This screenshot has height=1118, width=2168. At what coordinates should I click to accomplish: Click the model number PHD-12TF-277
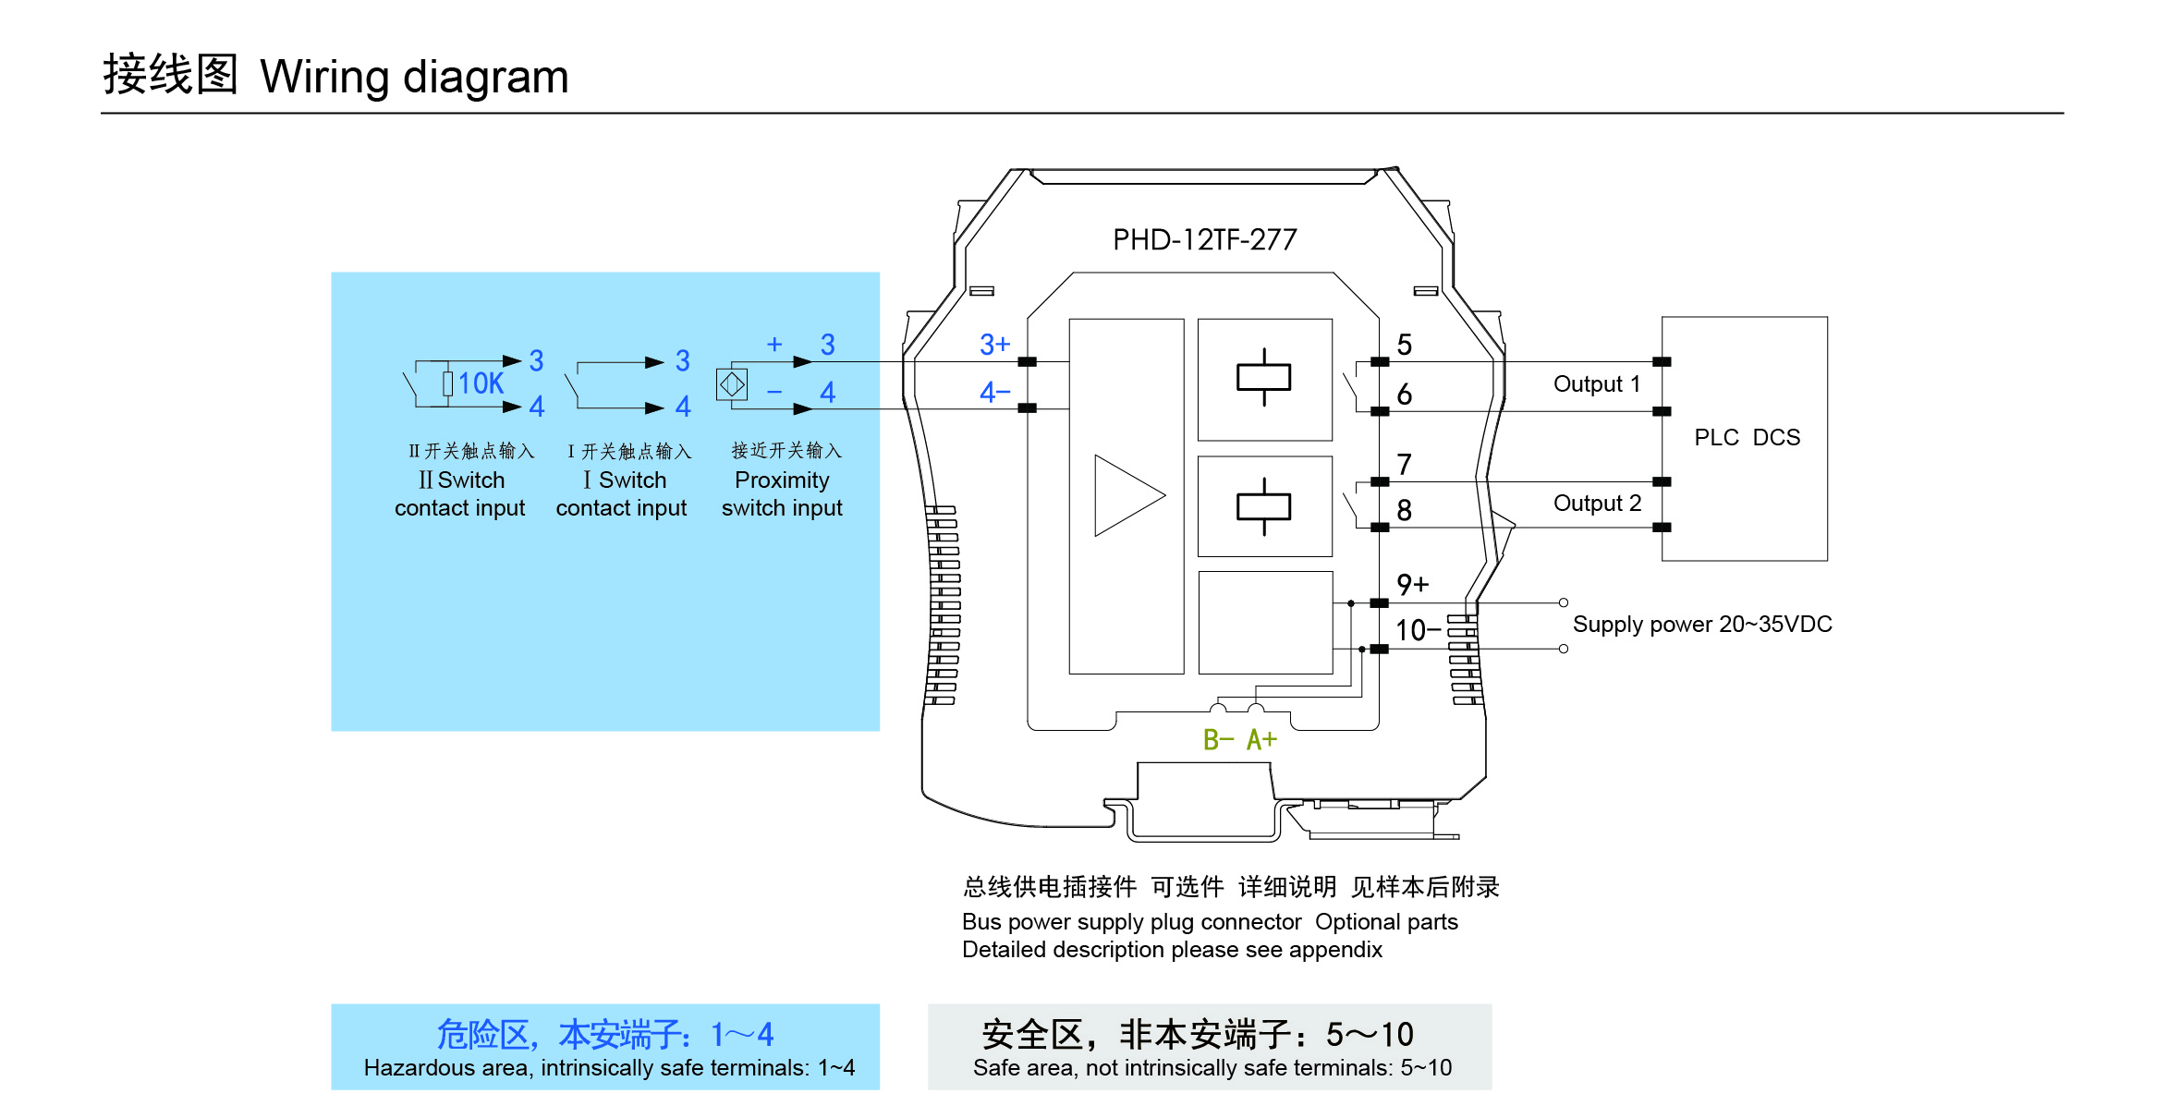1204,240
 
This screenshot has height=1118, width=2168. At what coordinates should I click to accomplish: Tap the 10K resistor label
481,383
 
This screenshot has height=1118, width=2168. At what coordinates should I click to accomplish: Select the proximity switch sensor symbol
732,383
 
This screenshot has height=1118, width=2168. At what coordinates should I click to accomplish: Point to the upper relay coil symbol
1263,378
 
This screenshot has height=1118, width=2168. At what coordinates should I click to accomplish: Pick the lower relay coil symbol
1263,506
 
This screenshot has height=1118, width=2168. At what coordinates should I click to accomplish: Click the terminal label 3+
994,345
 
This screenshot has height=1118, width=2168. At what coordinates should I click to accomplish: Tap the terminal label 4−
994,393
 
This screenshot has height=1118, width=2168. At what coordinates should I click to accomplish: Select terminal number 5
1404,345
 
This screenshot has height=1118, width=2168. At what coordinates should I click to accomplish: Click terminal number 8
1404,510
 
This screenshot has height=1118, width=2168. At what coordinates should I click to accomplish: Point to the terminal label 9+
1412,584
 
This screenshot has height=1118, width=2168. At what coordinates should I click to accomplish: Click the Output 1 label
1596,383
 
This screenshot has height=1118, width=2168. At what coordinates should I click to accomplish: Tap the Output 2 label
1597,503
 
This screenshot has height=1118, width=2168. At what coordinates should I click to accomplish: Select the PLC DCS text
1747,437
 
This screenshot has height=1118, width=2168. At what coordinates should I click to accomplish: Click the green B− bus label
1218,739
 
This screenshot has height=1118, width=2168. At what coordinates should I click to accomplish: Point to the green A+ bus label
1261,739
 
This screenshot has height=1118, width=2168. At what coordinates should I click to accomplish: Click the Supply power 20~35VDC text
1701,624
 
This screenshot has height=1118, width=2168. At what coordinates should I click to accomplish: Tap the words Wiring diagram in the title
414,77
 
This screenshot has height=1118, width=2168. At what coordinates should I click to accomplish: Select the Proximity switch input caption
782,493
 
